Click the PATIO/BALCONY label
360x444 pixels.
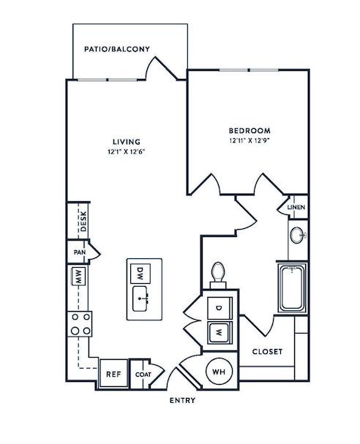tap(117, 49)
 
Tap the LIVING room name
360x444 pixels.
tap(127, 142)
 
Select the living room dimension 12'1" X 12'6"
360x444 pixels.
tap(127, 151)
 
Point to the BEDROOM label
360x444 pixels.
tap(250, 130)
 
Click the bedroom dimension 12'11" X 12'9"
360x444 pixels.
tap(250, 140)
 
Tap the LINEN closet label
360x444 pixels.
tap(296, 207)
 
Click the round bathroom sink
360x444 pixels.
tap(298, 235)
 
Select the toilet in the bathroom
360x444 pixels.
tap(218, 275)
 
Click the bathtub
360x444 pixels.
tap(292, 288)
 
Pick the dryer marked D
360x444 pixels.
tap(220, 308)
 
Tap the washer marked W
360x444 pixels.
tap(220, 332)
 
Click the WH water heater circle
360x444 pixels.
tap(219, 372)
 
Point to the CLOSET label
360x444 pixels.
tap(267, 352)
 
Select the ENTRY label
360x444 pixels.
tap(183, 400)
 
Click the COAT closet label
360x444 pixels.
tap(143, 375)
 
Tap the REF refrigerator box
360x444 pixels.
tap(113, 374)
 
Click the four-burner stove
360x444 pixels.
tap(80, 324)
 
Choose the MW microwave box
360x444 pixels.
tap(78, 276)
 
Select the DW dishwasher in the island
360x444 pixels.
tap(140, 274)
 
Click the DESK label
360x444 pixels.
tap(83, 222)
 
